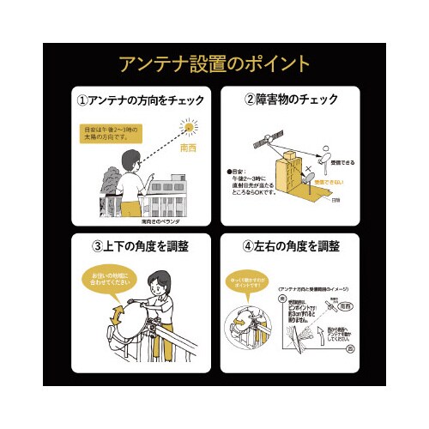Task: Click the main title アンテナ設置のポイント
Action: (214, 63)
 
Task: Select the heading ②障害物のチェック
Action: (291, 100)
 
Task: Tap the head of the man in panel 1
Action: (130, 160)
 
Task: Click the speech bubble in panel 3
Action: (111, 279)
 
